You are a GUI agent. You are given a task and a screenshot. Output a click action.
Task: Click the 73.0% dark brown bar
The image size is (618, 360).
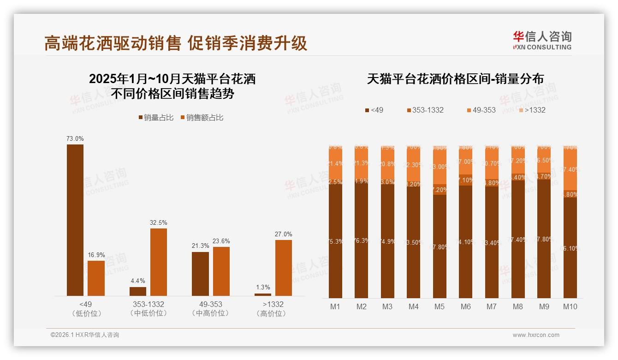tap(75, 220)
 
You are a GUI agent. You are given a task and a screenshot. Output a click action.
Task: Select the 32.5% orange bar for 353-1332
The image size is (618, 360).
tap(158, 262)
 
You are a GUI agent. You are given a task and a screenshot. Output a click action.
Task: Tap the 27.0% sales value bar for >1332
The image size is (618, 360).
tap(283, 268)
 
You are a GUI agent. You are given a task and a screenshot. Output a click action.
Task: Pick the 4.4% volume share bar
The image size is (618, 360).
tap(137, 291)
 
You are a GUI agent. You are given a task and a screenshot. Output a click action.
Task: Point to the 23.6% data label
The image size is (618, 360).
tap(221, 241)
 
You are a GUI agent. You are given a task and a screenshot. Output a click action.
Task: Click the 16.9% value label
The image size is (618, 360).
tap(96, 255)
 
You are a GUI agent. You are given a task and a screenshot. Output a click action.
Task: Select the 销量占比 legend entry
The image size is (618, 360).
tap(156, 118)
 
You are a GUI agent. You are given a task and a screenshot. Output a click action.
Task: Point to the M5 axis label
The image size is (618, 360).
tap(439, 306)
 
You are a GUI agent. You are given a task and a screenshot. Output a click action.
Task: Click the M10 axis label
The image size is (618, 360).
tap(570, 306)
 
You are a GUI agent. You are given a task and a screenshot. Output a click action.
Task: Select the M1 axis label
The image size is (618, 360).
tap(335, 306)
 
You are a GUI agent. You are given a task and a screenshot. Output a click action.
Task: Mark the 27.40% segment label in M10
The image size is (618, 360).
tap(571, 170)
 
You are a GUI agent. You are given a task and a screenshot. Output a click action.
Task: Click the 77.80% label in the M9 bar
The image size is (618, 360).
tap(545, 239)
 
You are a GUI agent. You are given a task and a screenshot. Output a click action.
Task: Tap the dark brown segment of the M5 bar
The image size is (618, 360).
tap(440, 246)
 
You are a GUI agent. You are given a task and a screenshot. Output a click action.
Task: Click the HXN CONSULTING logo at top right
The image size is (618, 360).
tap(542, 41)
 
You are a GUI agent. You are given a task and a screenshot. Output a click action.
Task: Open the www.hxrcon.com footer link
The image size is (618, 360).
tap(536, 335)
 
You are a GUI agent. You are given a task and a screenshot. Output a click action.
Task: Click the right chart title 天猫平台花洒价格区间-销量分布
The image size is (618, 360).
tap(455, 79)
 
